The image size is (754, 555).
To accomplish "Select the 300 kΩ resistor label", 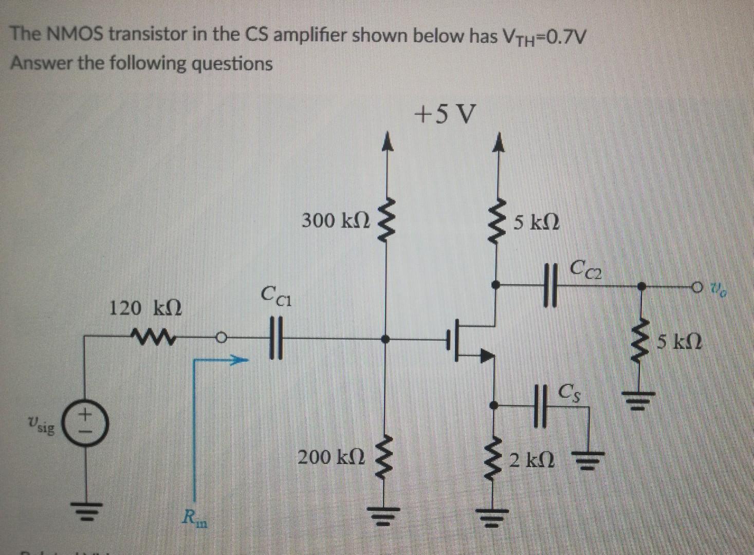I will (x=335, y=220).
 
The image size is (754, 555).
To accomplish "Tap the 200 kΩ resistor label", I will (x=332, y=456).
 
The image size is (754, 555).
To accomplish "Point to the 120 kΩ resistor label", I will (x=145, y=308).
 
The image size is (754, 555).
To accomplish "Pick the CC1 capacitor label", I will (x=275, y=295).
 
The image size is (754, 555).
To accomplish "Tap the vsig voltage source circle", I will (x=86, y=425).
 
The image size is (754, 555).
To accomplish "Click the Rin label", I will (x=196, y=516).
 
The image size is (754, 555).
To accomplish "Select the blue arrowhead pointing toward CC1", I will (x=237, y=361).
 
